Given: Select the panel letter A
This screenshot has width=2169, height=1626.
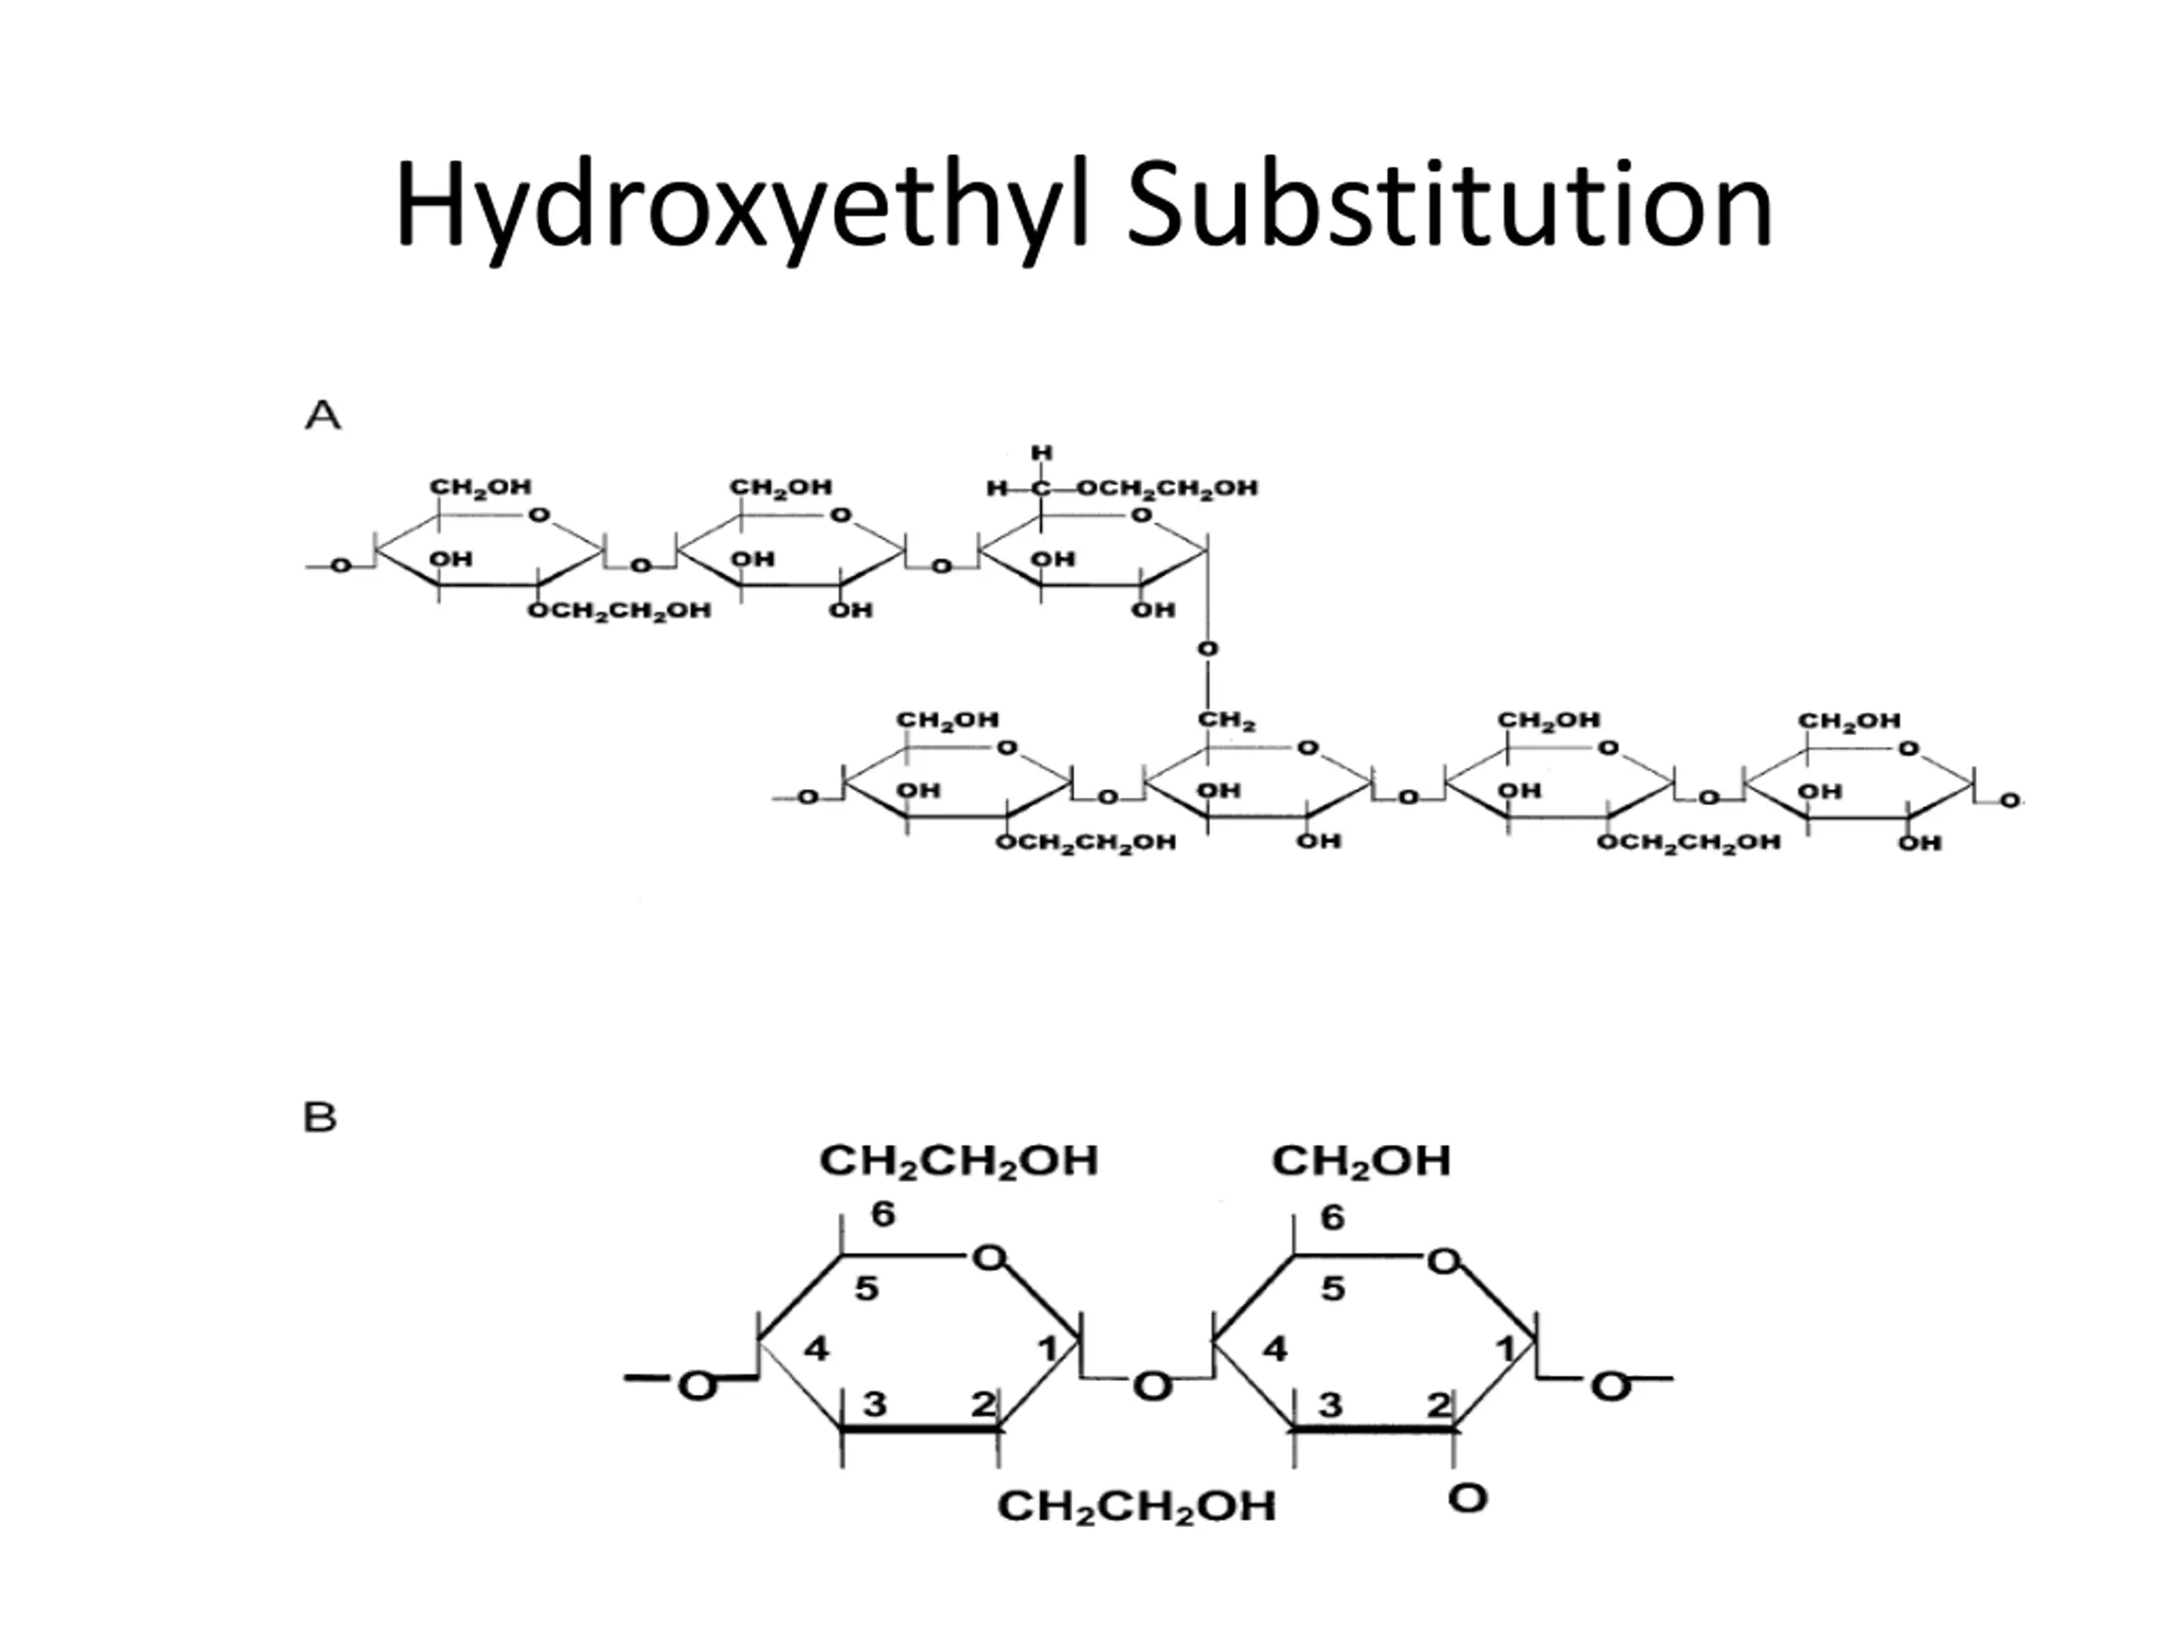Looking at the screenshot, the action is tap(323, 416).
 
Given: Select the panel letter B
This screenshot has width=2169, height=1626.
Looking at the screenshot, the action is tap(320, 1117).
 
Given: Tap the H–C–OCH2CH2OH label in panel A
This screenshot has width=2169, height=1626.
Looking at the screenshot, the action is tap(1122, 488).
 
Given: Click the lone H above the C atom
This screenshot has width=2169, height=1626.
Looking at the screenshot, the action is tap(1041, 453).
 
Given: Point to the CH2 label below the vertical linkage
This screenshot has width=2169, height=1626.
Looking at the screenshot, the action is tap(1227, 722).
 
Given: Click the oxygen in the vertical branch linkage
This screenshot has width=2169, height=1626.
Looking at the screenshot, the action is tap(1208, 649).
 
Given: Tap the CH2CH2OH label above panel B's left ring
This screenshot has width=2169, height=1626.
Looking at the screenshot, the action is tap(959, 1161).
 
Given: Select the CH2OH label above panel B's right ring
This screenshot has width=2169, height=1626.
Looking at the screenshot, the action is tap(1361, 1161).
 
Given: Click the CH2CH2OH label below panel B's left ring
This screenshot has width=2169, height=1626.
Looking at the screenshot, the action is tap(1136, 1507).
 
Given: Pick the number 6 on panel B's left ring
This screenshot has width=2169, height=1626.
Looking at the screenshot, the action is tap(884, 1214).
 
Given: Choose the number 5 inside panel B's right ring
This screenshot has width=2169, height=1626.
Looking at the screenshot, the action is tap(1333, 1288).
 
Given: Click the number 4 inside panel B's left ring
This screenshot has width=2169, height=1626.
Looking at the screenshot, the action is tap(817, 1350).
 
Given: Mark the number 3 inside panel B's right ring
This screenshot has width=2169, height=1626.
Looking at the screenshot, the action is tap(1329, 1404).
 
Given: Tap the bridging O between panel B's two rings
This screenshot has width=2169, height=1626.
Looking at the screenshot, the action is tap(1152, 1385).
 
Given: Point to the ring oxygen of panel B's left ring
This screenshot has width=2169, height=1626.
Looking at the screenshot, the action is tap(990, 1258).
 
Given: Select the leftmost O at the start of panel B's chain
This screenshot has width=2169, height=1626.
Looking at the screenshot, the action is tap(697, 1385).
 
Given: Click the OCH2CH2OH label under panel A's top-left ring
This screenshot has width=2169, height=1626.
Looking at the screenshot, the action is tap(619, 611).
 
